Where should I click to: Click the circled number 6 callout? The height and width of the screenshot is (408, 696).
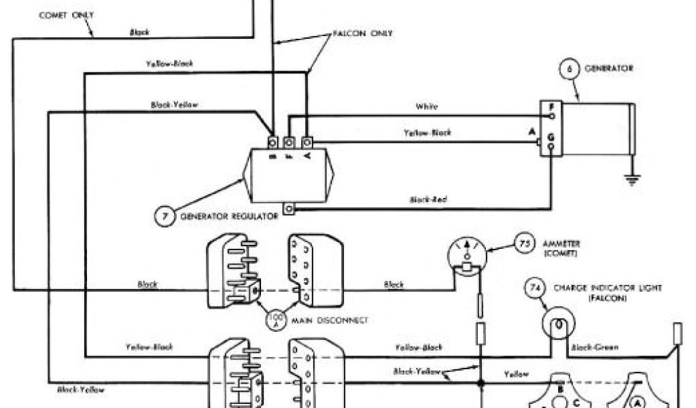pos(568,69)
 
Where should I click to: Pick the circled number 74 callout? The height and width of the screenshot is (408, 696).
pos(534,289)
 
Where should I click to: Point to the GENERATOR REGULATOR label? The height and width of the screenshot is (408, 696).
pos(229,216)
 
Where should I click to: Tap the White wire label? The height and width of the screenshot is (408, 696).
pos(427,107)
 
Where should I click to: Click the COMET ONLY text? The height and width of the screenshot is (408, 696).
pos(66,15)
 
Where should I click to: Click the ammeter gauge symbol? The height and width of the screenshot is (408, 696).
pos(468,256)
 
